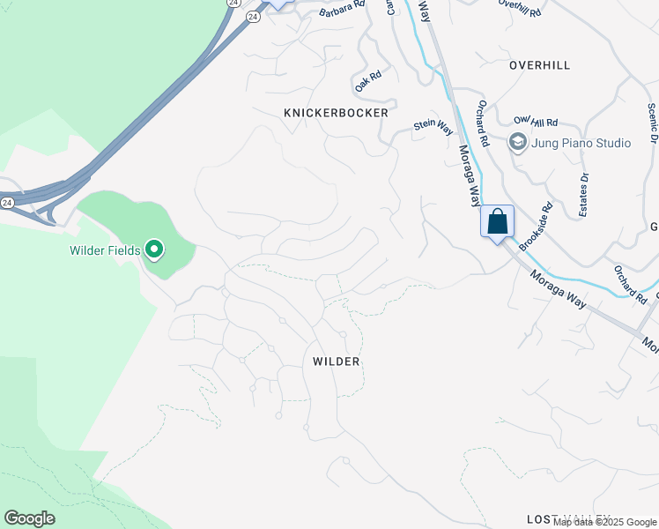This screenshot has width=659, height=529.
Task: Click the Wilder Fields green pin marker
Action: (x=154, y=250)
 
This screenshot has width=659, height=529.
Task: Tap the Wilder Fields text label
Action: (x=105, y=251)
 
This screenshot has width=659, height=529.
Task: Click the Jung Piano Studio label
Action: (x=581, y=143)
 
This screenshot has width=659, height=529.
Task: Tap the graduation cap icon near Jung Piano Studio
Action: (x=517, y=142)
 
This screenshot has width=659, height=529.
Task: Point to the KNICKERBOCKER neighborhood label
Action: (x=336, y=113)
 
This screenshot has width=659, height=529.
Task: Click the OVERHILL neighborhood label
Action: (x=539, y=65)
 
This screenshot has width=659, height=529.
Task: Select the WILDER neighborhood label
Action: (x=336, y=361)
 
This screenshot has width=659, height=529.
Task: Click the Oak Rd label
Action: (x=367, y=83)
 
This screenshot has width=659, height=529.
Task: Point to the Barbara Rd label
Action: (x=342, y=9)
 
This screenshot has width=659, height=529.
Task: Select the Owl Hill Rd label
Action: (x=536, y=123)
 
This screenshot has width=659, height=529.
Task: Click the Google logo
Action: (x=29, y=518)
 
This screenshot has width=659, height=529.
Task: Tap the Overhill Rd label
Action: (x=518, y=4)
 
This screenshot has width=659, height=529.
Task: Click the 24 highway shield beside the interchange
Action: (x=8, y=202)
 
